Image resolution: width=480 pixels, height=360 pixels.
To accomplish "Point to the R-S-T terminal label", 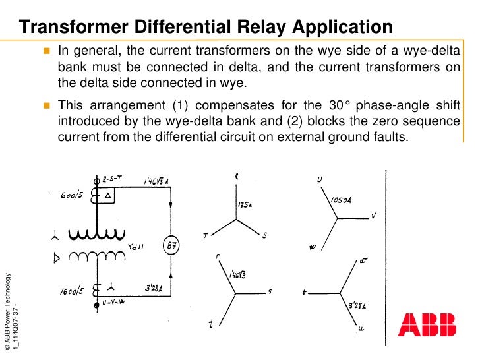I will tap(113, 178).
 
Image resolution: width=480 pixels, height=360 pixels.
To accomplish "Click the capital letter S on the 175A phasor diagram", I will tap(264, 236).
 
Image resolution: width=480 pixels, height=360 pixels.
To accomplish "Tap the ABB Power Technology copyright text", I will tap(7, 310).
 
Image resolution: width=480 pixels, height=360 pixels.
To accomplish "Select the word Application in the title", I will tap(343, 27).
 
